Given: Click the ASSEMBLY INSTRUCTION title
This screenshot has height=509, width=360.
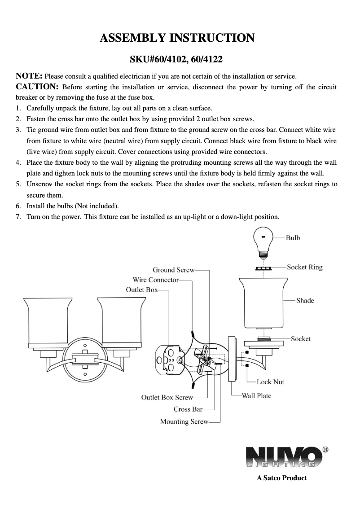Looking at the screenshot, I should point(177,38).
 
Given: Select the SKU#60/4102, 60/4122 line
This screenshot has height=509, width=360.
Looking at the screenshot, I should point(176,59).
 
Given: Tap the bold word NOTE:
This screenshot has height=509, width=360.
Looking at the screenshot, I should point(29,75).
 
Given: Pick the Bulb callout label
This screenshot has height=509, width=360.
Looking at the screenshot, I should point(293,237).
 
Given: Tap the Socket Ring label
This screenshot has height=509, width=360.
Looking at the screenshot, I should point(304,267).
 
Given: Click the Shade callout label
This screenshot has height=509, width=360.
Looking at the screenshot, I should point(305,300).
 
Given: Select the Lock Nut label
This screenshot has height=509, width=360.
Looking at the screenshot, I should point(270,382).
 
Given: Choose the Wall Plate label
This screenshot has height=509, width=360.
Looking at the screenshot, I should point(256,395).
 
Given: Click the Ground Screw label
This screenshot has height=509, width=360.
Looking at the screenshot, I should point(173,270).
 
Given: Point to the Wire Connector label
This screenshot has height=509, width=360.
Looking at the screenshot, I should point(155,280).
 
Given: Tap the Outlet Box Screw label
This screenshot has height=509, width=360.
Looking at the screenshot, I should point(167,397).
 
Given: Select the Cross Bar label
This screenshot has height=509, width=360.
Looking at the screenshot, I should point(188,409).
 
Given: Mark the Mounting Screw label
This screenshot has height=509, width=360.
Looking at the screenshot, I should point(184,421).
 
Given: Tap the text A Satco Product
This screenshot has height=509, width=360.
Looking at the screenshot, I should point(281,478).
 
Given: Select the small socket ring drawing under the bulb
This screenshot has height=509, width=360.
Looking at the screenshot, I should point(263,268).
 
